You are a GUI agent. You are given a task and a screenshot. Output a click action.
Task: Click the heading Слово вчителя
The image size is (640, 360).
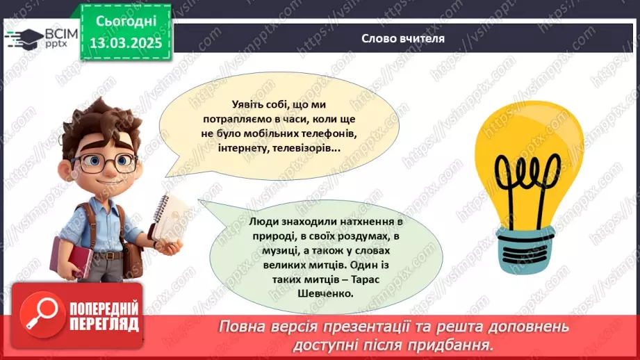[403, 38]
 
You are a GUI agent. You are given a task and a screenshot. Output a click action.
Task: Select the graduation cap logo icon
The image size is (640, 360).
[23, 38]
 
